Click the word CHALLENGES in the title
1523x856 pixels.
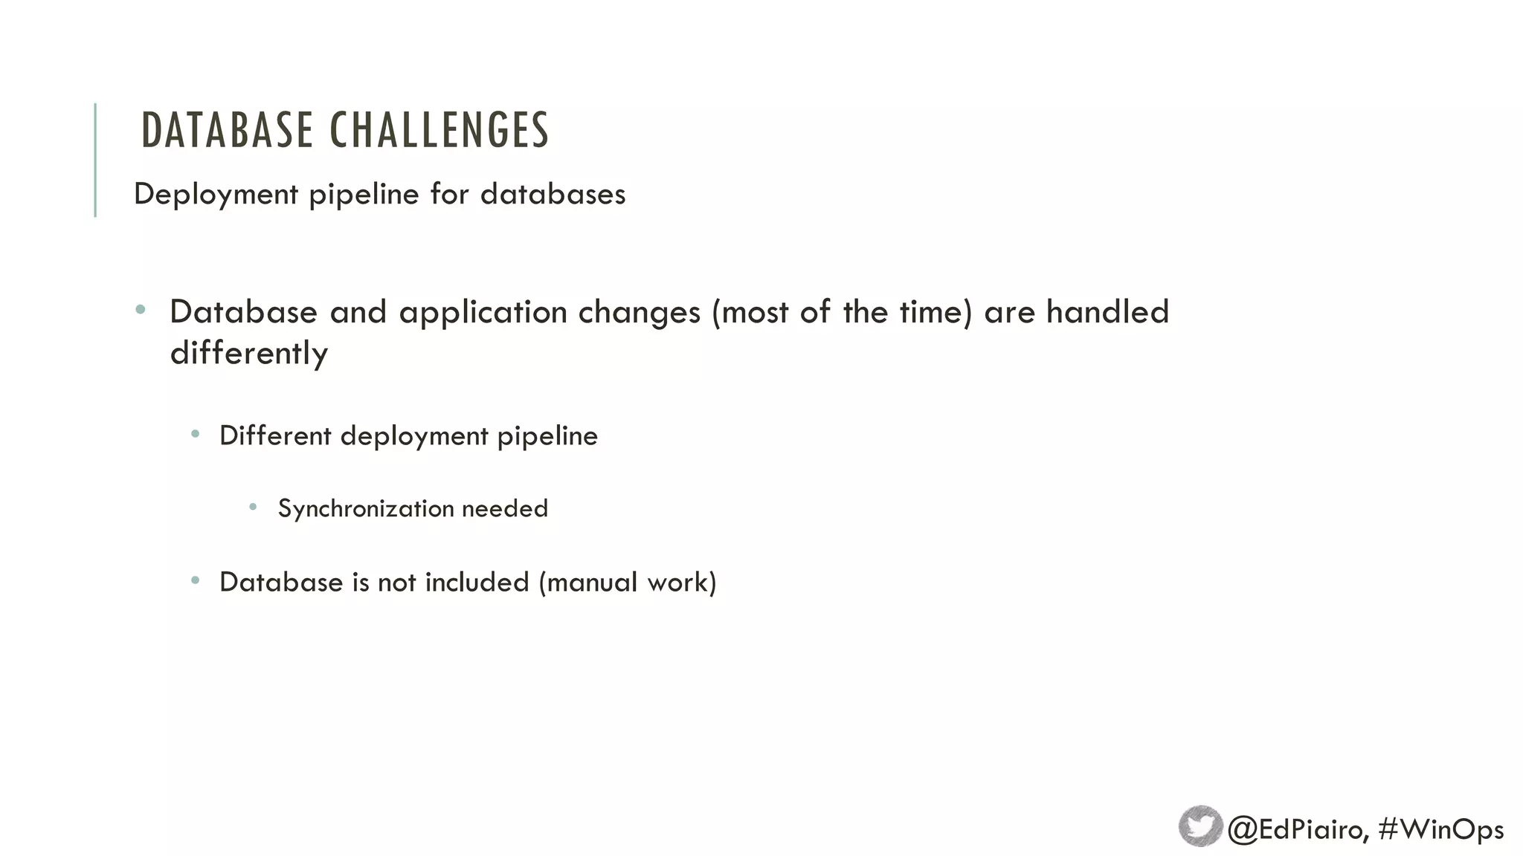tap(439, 130)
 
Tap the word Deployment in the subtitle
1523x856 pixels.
tap(216, 195)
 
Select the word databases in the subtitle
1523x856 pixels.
tap(553, 194)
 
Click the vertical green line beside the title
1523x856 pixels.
tap(95, 160)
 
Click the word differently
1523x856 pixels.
tap(248, 353)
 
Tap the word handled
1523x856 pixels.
tap(1107, 311)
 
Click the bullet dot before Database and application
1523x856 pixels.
tap(141, 309)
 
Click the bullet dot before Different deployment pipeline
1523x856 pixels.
tap(195, 434)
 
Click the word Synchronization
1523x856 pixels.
tap(365, 509)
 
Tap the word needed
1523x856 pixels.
tap(505, 508)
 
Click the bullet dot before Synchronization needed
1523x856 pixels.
tap(253, 507)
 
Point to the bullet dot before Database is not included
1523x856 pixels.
tap(195, 580)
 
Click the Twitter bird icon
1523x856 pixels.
tap(1200, 826)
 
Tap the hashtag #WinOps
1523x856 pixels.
tap(1440, 829)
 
